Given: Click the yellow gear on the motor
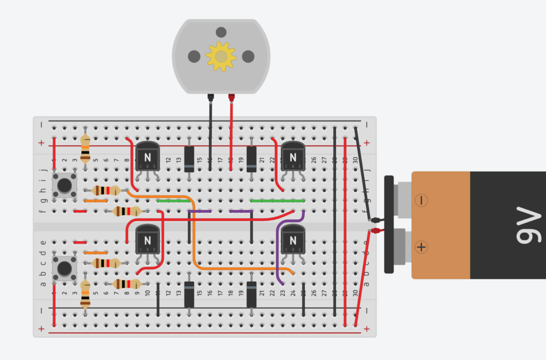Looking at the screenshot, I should click(x=221, y=57).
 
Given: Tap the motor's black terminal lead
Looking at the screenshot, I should click(x=211, y=98).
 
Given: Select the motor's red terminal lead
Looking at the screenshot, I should click(x=231, y=98).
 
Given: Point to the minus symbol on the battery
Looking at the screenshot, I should click(x=421, y=201).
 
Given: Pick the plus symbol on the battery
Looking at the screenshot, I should click(x=421, y=247).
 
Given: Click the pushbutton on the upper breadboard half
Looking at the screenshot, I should click(x=65, y=185).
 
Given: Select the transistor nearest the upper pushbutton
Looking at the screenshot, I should click(x=147, y=156).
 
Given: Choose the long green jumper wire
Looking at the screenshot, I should click(x=277, y=201).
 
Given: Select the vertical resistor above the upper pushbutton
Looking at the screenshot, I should click(x=85, y=148).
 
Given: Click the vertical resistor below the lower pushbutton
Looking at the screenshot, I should click(x=85, y=296).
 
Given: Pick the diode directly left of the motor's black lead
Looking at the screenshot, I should click(x=189, y=158).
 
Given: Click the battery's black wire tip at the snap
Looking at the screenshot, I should click(x=376, y=220).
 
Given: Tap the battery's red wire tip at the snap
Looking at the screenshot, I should click(x=376, y=231).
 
